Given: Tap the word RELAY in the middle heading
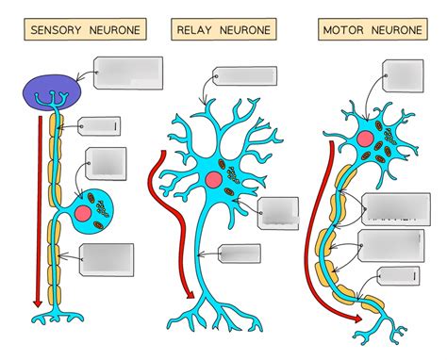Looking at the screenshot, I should tap(194, 30).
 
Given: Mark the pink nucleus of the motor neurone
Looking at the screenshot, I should tap(362, 139).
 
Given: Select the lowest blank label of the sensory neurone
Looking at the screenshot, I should tap(107, 259).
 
